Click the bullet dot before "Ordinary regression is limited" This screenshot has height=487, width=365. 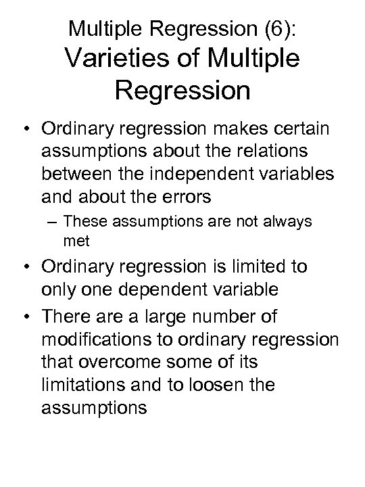[26, 266]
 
